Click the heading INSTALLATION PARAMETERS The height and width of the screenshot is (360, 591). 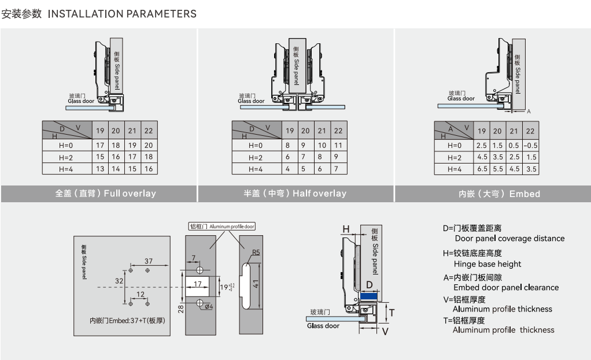click(122, 14)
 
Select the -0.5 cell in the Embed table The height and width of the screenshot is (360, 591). click(530, 145)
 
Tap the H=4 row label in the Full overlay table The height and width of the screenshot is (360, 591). click(64, 169)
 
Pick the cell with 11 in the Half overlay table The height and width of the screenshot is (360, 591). click(338, 146)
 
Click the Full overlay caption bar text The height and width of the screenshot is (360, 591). click(105, 194)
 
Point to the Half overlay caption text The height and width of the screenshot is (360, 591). click(295, 194)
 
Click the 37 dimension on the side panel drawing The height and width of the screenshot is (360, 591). click(149, 262)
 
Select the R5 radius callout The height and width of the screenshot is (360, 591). click(256, 253)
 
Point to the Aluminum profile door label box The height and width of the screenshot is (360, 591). click(221, 227)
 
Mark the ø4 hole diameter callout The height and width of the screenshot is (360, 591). click(209, 306)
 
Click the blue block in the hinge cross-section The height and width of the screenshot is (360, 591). click(368, 296)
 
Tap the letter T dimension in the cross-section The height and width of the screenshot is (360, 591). click(391, 313)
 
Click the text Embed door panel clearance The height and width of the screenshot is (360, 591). click(506, 288)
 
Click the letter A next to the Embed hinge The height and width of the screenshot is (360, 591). click(529, 110)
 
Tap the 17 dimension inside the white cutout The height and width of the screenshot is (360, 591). click(197, 284)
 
